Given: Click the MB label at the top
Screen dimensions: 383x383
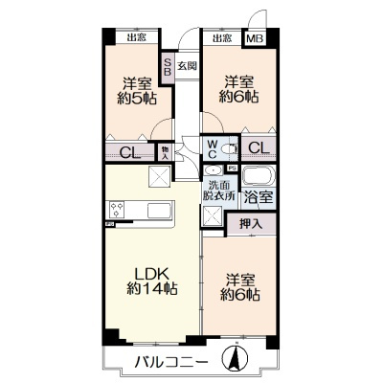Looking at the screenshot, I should pyautogui.click(x=254, y=38).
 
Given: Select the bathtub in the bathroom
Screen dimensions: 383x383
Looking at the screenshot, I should pyautogui.click(x=258, y=177).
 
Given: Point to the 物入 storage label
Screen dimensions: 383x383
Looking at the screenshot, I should pyautogui.click(x=164, y=150).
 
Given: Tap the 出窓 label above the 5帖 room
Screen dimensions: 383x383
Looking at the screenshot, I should pyautogui.click(x=136, y=38).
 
